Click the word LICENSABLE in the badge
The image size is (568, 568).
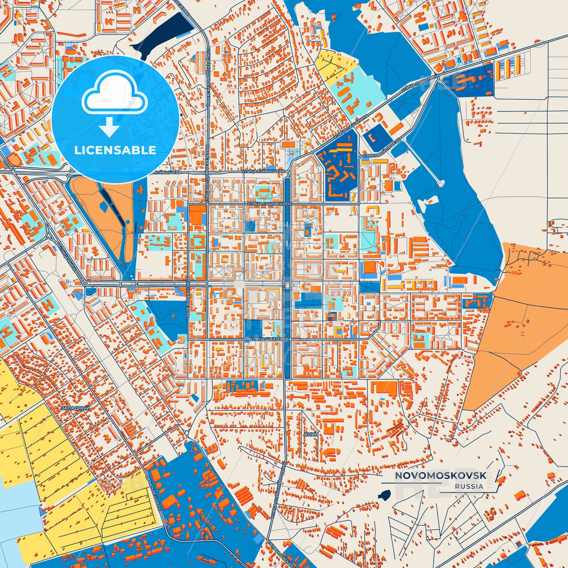115,150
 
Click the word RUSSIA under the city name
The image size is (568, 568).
469,486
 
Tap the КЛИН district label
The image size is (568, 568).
311,434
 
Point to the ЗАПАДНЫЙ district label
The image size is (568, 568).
75,408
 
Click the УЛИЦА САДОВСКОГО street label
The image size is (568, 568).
269,204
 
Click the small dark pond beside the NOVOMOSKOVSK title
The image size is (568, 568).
384,495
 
